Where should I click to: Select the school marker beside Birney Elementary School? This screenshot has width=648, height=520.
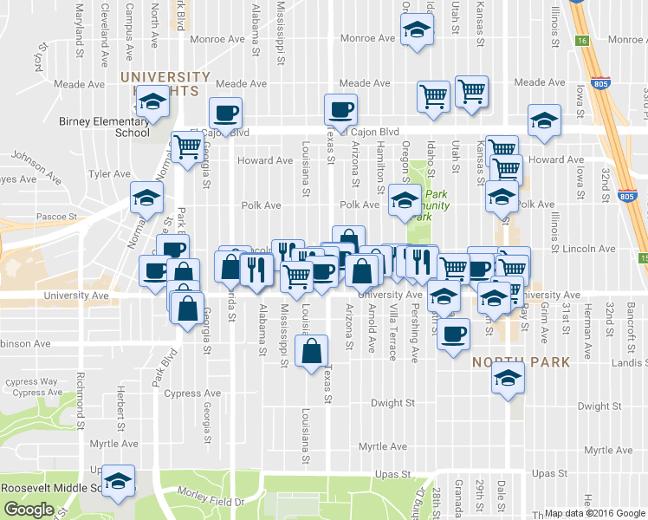pyautogui.click(x=152, y=104)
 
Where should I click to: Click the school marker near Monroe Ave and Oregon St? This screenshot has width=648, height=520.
pyautogui.click(x=417, y=31)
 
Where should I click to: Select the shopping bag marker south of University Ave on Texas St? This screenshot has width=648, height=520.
pyautogui.click(x=311, y=352)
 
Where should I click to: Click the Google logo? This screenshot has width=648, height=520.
pyautogui.click(x=29, y=509)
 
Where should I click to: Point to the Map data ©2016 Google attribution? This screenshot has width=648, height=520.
pyautogui.click(x=593, y=513)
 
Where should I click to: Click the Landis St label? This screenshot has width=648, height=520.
pyautogui.click(x=628, y=364)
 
